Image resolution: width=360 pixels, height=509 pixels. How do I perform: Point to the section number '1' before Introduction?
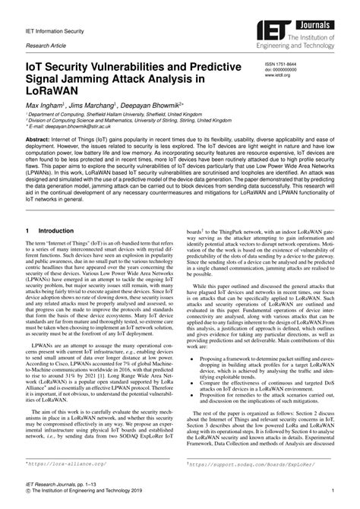pos(27,229)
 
